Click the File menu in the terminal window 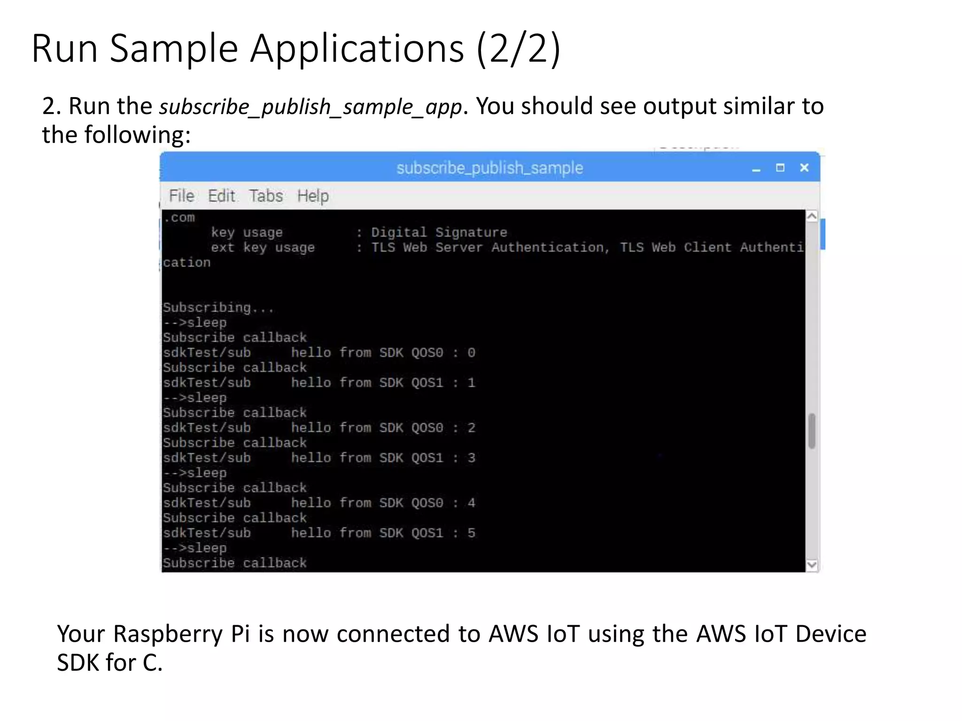pyautogui.click(x=181, y=196)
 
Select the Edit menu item pyautogui.click(x=221, y=196)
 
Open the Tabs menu pyautogui.click(x=266, y=196)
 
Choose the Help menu pyautogui.click(x=313, y=196)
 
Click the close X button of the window pyautogui.click(x=804, y=168)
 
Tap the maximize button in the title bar pyautogui.click(x=780, y=168)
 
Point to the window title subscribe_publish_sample pyautogui.click(x=489, y=168)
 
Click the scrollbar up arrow pyautogui.click(x=812, y=216)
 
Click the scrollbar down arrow pyautogui.click(x=812, y=565)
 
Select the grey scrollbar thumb pyautogui.click(x=812, y=431)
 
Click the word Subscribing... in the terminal pyautogui.click(x=218, y=308)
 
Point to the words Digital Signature pyautogui.click(x=439, y=232)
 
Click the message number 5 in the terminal pyautogui.click(x=471, y=533)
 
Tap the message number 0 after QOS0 pyautogui.click(x=471, y=353)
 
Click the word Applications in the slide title pyautogui.click(x=357, y=48)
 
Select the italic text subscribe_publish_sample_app pyautogui.click(x=310, y=107)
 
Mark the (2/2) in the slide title pyautogui.click(x=518, y=48)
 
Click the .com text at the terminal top pyautogui.click(x=179, y=218)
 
